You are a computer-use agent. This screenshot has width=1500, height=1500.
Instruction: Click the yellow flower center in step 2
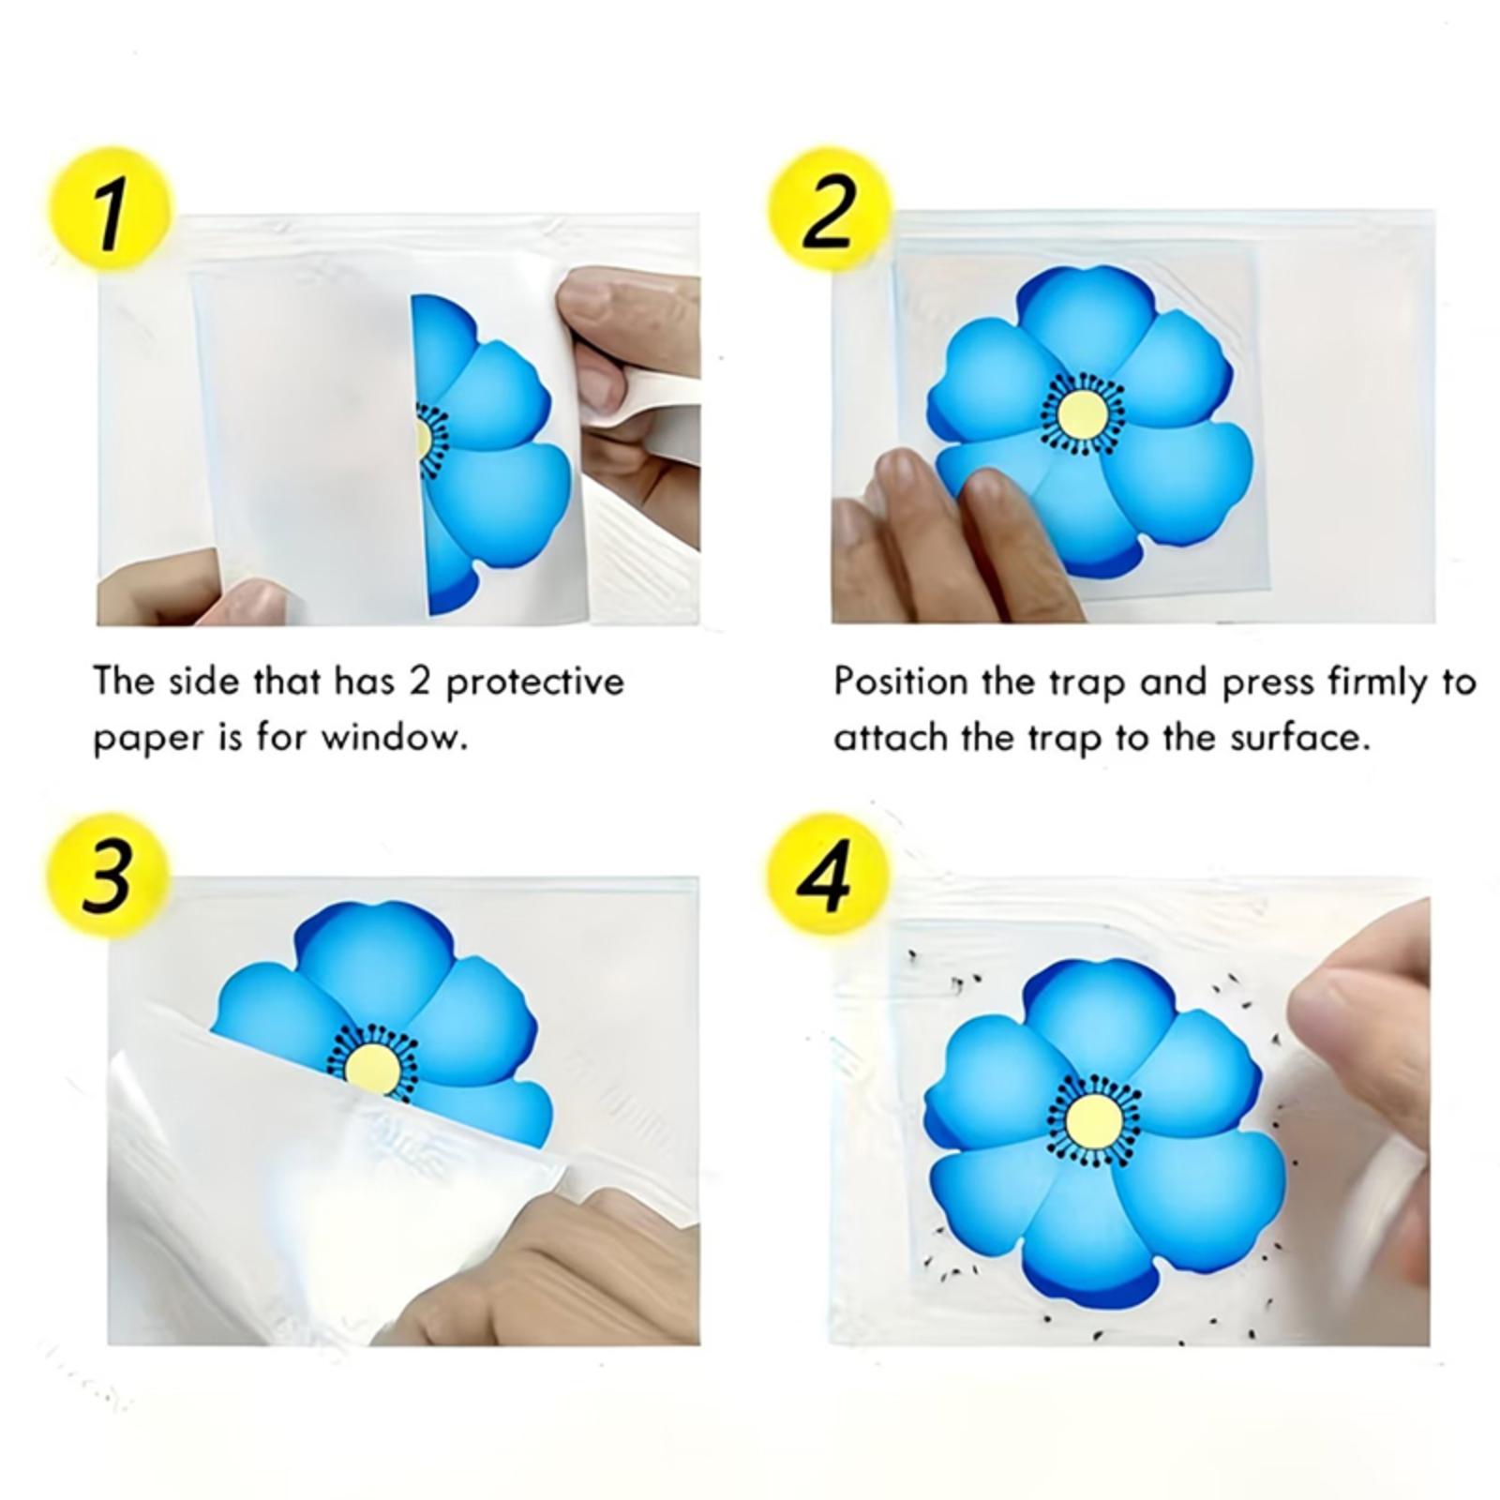pos(1082,414)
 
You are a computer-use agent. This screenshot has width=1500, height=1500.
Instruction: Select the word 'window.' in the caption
pos(395,738)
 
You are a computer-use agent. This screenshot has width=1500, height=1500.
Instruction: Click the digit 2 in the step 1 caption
pos(419,682)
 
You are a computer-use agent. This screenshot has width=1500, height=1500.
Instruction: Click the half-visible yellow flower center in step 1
pos(423,439)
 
